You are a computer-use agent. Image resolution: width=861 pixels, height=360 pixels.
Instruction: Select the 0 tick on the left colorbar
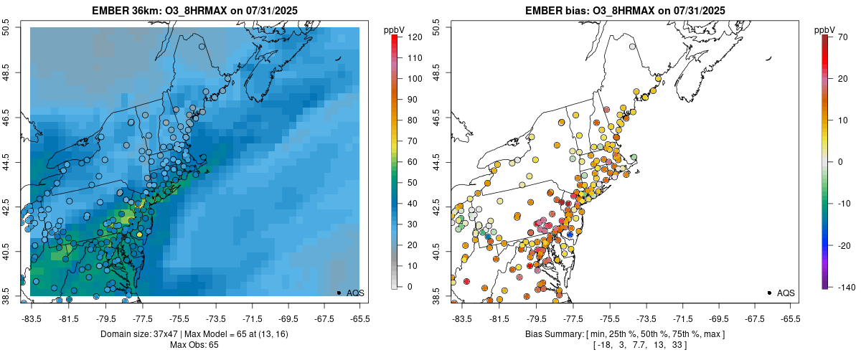tap(408, 287)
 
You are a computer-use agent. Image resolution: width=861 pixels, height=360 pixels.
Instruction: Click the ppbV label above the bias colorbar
tap(825, 29)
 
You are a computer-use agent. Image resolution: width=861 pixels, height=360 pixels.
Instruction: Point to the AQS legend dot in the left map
tap(339, 293)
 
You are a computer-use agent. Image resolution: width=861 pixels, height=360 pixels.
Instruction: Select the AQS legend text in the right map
tap(786, 293)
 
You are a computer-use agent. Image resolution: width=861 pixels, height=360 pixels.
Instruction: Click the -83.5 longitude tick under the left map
tap(32, 318)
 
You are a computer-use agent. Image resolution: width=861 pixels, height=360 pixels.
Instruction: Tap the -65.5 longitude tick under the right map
tap(790, 318)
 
